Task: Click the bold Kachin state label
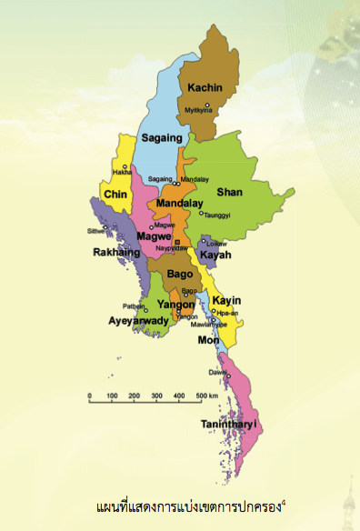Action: pyautogui.click(x=205, y=87)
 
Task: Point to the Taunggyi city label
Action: pyautogui.click(x=218, y=215)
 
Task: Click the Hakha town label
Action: pyautogui.click(x=123, y=172)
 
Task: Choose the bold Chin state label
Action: pyautogui.click(x=115, y=195)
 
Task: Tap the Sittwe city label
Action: pyautogui.click(x=97, y=231)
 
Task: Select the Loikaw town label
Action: pyautogui.click(x=216, y=244)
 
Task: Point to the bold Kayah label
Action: pyautogui.click(x=215, y=255)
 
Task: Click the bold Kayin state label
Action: pyautogui.click(x=226, y=300)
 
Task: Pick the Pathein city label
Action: pyautogui.click(x=134, y=307)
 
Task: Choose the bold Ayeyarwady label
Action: pyautogui.click(x=139, y=321)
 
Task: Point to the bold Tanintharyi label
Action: pyautogui.click(x=228, y=424)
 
